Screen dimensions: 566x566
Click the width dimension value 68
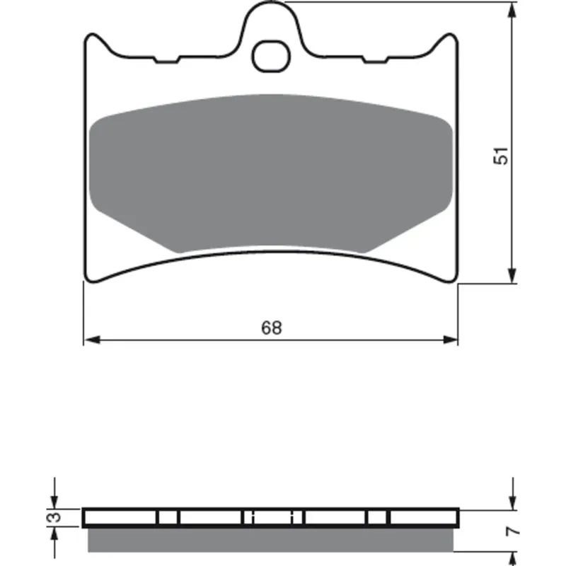271,328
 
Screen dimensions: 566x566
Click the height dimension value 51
502,156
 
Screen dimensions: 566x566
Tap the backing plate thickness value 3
54,516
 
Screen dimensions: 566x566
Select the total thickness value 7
513,531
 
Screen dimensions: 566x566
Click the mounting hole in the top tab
271,56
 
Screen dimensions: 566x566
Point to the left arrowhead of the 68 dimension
92,340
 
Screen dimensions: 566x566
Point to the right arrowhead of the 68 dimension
450,340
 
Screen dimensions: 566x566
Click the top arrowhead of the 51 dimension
512,10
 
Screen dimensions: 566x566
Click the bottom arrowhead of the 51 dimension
512,275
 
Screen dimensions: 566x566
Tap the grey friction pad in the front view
271,173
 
